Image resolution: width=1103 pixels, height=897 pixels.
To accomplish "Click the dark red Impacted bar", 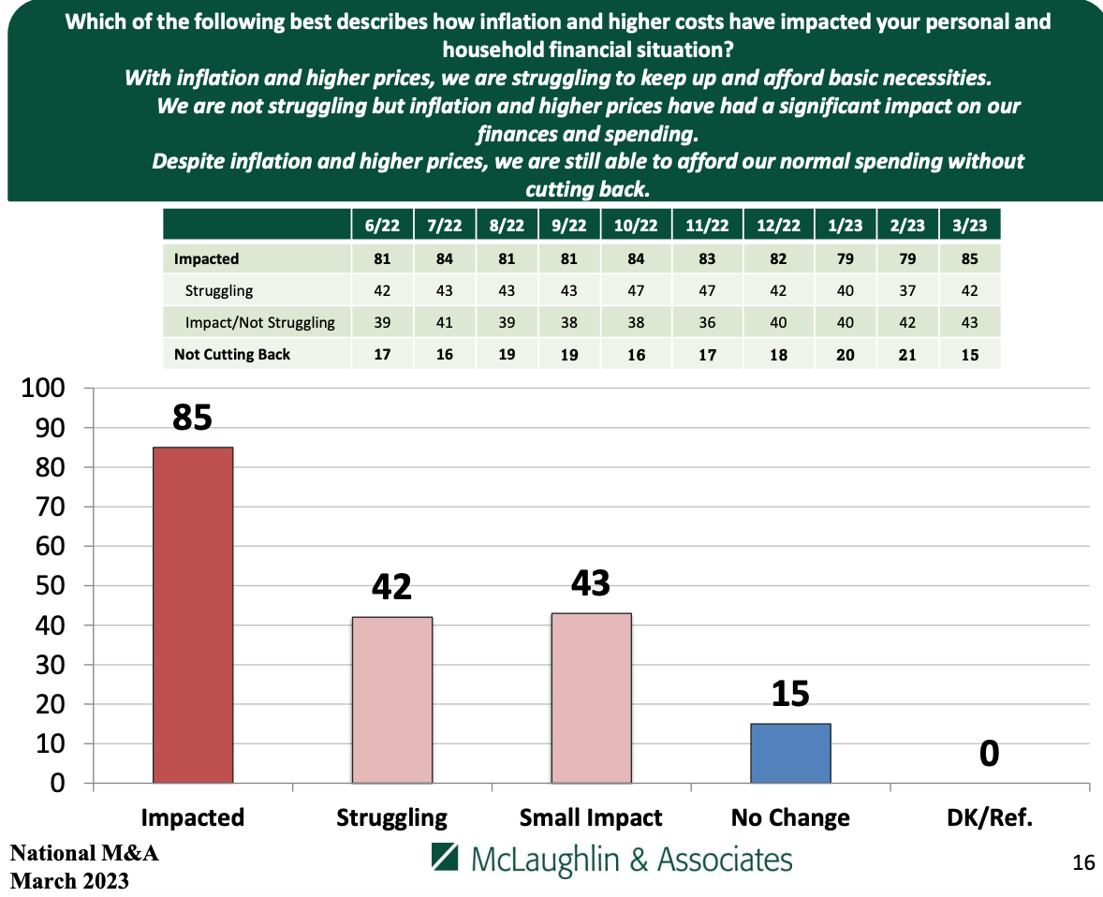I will click(193, 614).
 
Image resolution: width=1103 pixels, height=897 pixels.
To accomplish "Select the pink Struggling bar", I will click(391, 699).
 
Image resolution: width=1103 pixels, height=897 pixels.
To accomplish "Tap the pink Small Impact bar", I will click(591, 698).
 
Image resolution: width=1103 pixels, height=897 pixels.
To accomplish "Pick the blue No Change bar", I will click(790, 753).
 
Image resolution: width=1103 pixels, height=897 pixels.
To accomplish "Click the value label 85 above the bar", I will click(193, 418).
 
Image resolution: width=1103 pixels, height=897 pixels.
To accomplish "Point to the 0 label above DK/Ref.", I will click(990, 754).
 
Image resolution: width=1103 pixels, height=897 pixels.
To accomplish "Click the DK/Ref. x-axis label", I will click(990, 817).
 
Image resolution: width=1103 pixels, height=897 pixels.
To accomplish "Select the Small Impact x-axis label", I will click(591, 817).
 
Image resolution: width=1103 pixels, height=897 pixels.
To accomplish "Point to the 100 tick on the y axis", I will click(46, 389).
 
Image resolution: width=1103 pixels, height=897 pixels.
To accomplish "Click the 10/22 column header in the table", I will click(636, 226).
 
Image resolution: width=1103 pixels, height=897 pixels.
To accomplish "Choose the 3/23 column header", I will click(969, 226).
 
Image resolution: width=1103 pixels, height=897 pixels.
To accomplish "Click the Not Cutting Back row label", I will click(232, 354).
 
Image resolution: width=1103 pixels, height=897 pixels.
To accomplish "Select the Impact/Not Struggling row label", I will click(260, 323).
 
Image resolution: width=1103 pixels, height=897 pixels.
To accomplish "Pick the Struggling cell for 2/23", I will click(906, 291).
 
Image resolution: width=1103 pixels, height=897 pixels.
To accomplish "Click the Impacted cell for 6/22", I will click(381, 259).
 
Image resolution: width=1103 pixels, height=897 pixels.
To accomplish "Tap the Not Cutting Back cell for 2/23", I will click(906, 354).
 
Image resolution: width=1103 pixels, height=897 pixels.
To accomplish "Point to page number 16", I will click(1082, 862).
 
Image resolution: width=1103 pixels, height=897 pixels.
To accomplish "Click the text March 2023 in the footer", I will click(69, 881).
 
